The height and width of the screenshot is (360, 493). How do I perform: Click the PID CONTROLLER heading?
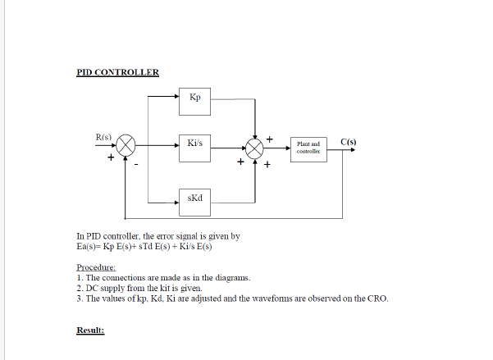[117, 72]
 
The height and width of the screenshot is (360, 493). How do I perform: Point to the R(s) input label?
[104, 136]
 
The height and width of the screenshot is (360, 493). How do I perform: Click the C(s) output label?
[349, 143]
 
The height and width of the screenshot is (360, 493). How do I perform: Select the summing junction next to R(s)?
[126, 147]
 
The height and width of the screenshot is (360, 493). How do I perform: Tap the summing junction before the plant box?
[256, 147]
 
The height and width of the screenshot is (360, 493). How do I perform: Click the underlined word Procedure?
[97, 268]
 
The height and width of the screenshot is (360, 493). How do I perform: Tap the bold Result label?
[90, 330]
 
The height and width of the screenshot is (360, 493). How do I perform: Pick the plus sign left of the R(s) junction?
[109, 158]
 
